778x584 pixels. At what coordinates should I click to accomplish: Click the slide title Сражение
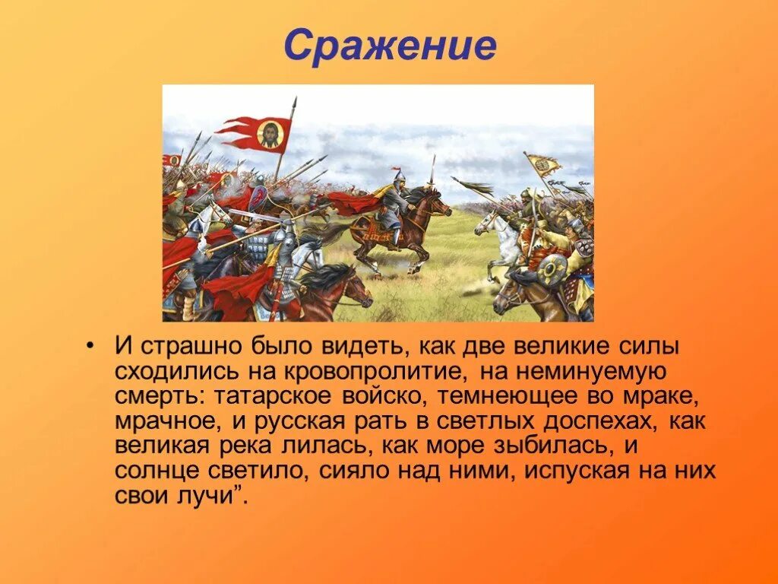[390, 46]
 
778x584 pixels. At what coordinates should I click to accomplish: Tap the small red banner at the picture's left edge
[172, 160]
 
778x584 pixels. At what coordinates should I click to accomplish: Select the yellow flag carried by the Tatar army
[544, 164]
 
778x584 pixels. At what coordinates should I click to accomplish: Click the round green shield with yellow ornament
[552, 269]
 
